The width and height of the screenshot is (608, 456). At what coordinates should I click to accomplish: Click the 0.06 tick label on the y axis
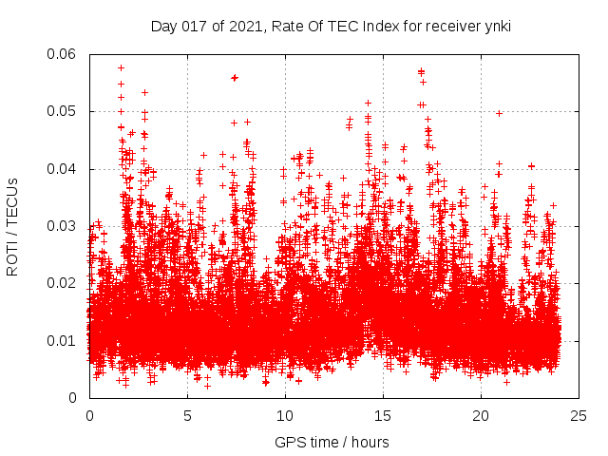click(63, 54)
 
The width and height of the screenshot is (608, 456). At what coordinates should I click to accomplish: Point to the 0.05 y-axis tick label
click(63, 111)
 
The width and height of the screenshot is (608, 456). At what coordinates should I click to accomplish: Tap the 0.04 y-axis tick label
click(63, 169)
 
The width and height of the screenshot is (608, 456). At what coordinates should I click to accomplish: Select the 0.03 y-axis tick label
click(63, 226)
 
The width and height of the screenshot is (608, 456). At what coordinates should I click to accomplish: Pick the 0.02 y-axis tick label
click(63, 283)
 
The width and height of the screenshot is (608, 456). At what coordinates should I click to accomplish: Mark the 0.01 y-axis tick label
click(63, 340)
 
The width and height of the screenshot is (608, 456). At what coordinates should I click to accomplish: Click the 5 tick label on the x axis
click(187, 415)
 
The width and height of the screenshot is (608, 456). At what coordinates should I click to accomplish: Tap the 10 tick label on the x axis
click(285, 415)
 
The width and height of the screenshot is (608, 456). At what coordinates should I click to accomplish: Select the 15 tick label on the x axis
click(383, 415)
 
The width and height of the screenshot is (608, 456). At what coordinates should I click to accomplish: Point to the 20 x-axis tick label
click(481, 415)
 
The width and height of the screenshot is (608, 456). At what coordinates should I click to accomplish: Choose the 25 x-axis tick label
click(579, 415)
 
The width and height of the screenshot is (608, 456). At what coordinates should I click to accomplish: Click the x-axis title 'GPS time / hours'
click(332, 442)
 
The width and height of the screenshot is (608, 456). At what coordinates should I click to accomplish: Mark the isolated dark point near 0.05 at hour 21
click(499, 113)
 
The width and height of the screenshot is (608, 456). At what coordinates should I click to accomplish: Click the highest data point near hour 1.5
click(121, 67)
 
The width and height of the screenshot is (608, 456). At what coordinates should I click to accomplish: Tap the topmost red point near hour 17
click(421, 71)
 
